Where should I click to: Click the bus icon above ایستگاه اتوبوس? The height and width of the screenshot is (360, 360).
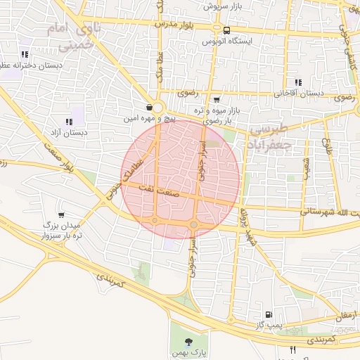pos(226,31)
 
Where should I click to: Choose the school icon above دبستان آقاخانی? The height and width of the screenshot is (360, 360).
pos(298,82)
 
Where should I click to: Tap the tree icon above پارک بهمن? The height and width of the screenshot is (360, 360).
pos(187,341)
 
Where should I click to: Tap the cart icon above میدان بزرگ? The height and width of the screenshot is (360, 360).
pos(62,214)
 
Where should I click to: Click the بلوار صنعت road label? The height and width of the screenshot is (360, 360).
pos(58,159)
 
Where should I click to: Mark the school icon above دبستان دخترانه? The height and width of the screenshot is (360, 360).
pos(25,54)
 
